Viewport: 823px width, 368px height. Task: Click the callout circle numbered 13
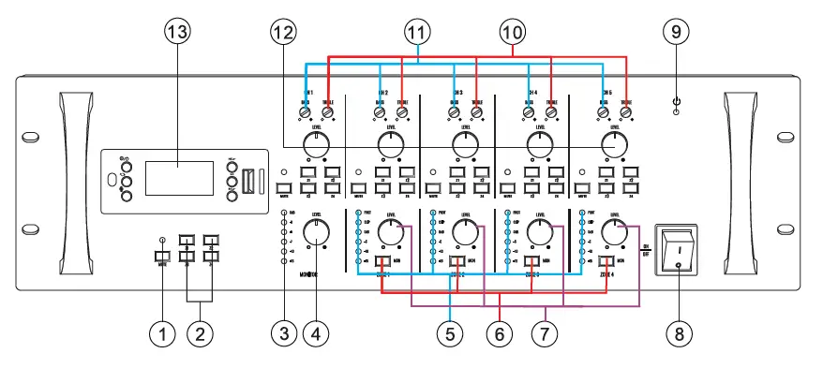coord(176,31)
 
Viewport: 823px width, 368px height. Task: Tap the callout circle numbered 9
coord(675,31)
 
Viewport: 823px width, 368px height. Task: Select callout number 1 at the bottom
coord(164,331)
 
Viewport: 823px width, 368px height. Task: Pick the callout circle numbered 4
coord(318,331)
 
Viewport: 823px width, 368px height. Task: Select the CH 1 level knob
coord(316,143)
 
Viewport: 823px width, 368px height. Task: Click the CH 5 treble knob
coord(626,112)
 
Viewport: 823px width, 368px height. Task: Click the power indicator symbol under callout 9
coord(675,100)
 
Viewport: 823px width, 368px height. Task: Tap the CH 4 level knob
coord(539,143)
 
